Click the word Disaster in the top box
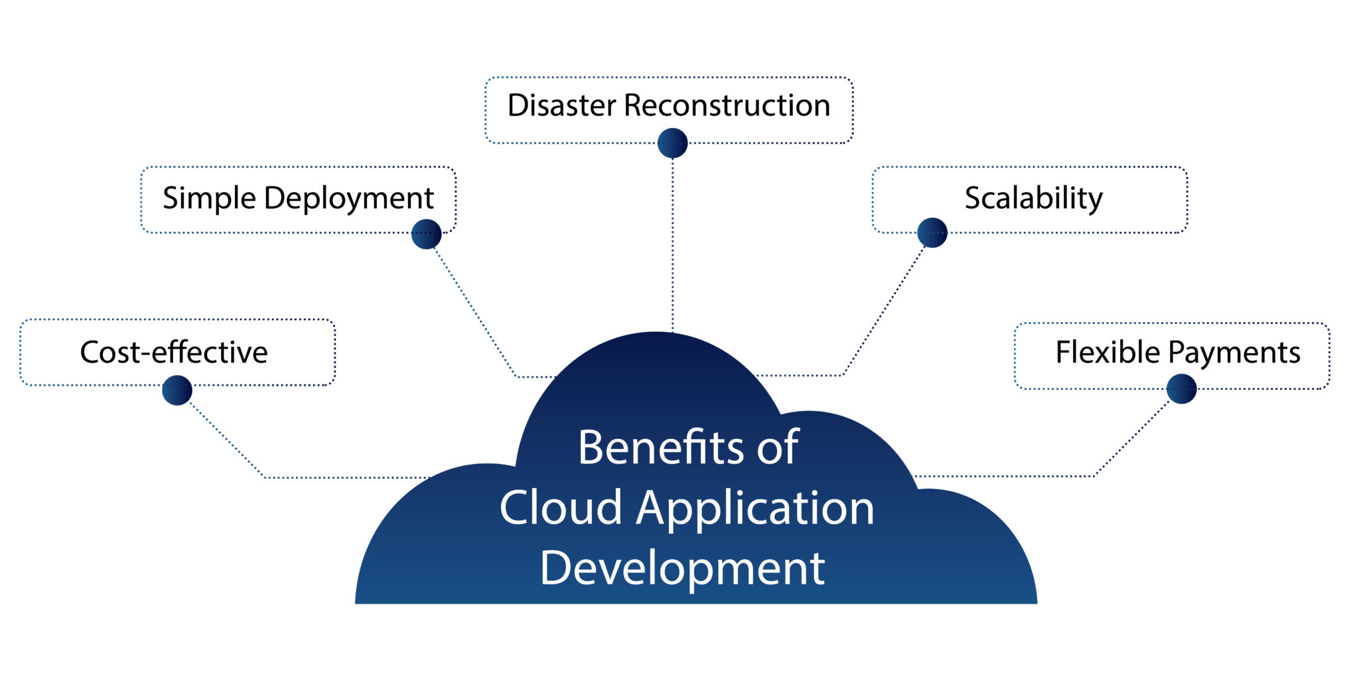point(563,106)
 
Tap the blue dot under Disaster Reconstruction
point(672,143)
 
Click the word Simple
point(210,199)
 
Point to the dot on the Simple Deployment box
point(426,234)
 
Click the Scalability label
point(1033,198)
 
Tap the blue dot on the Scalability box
point(932,232)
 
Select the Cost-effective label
point(174,352)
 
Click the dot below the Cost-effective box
point(177,390)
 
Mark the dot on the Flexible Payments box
point(1181,388)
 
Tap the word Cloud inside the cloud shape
point(561,507)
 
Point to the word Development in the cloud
point(682,568)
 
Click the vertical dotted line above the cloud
point(672,246)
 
